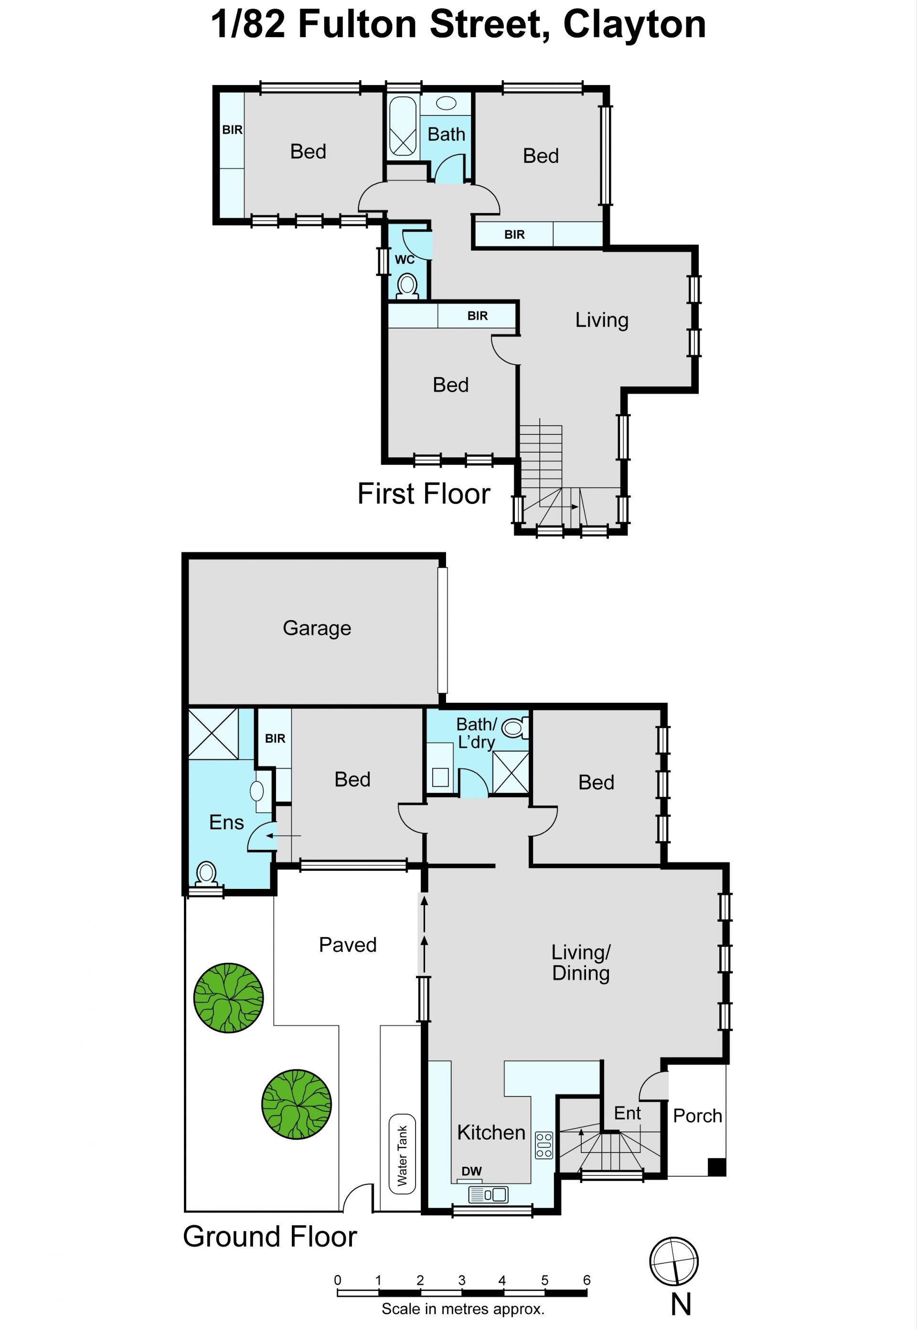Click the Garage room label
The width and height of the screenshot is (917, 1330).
point(317,628)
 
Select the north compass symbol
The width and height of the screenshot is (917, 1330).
point(674,1262)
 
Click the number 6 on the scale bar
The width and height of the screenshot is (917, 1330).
point(586,1279)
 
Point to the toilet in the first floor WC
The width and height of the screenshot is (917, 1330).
point(407,286)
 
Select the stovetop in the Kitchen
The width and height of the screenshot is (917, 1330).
point(544,1145)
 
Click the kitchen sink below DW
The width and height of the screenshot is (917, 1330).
point(489,1195)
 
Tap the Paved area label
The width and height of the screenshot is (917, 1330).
point(348,945)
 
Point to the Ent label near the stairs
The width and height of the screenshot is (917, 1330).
point(628,1113)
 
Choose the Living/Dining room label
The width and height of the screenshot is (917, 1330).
point(581,962)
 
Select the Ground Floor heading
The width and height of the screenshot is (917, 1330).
point(270,1236)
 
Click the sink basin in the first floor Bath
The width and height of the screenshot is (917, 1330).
point(446,104)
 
